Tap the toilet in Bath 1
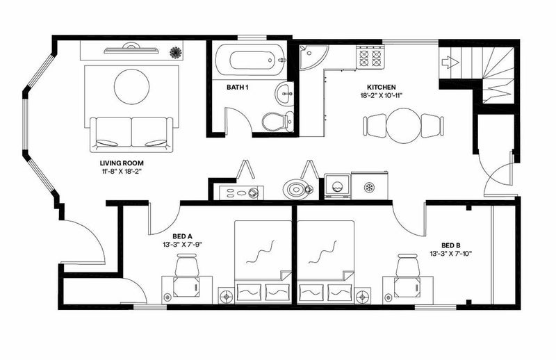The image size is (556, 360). (x=279, y=122)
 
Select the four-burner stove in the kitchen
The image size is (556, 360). (x=370, y=58)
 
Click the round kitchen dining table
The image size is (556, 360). (x=403, y=126)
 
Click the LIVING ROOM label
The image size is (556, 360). (x=122, y=163)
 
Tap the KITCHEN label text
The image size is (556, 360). (x=381, y=87)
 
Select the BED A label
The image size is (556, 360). (x=182, y=236)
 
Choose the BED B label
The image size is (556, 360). (x=450, y=245)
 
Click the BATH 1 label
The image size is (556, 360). (x=237, y=87)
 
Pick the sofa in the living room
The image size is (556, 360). (x=131, y=134)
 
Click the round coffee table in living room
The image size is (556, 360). (x=131, y=87)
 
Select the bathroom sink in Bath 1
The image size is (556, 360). (x=284, y=94)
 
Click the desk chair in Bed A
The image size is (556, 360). (x=187, y=265)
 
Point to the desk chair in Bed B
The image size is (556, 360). (x=408, y=265)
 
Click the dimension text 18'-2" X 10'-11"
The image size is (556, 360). (x=381, y=95)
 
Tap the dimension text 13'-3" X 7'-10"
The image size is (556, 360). (x=450, y=253)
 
